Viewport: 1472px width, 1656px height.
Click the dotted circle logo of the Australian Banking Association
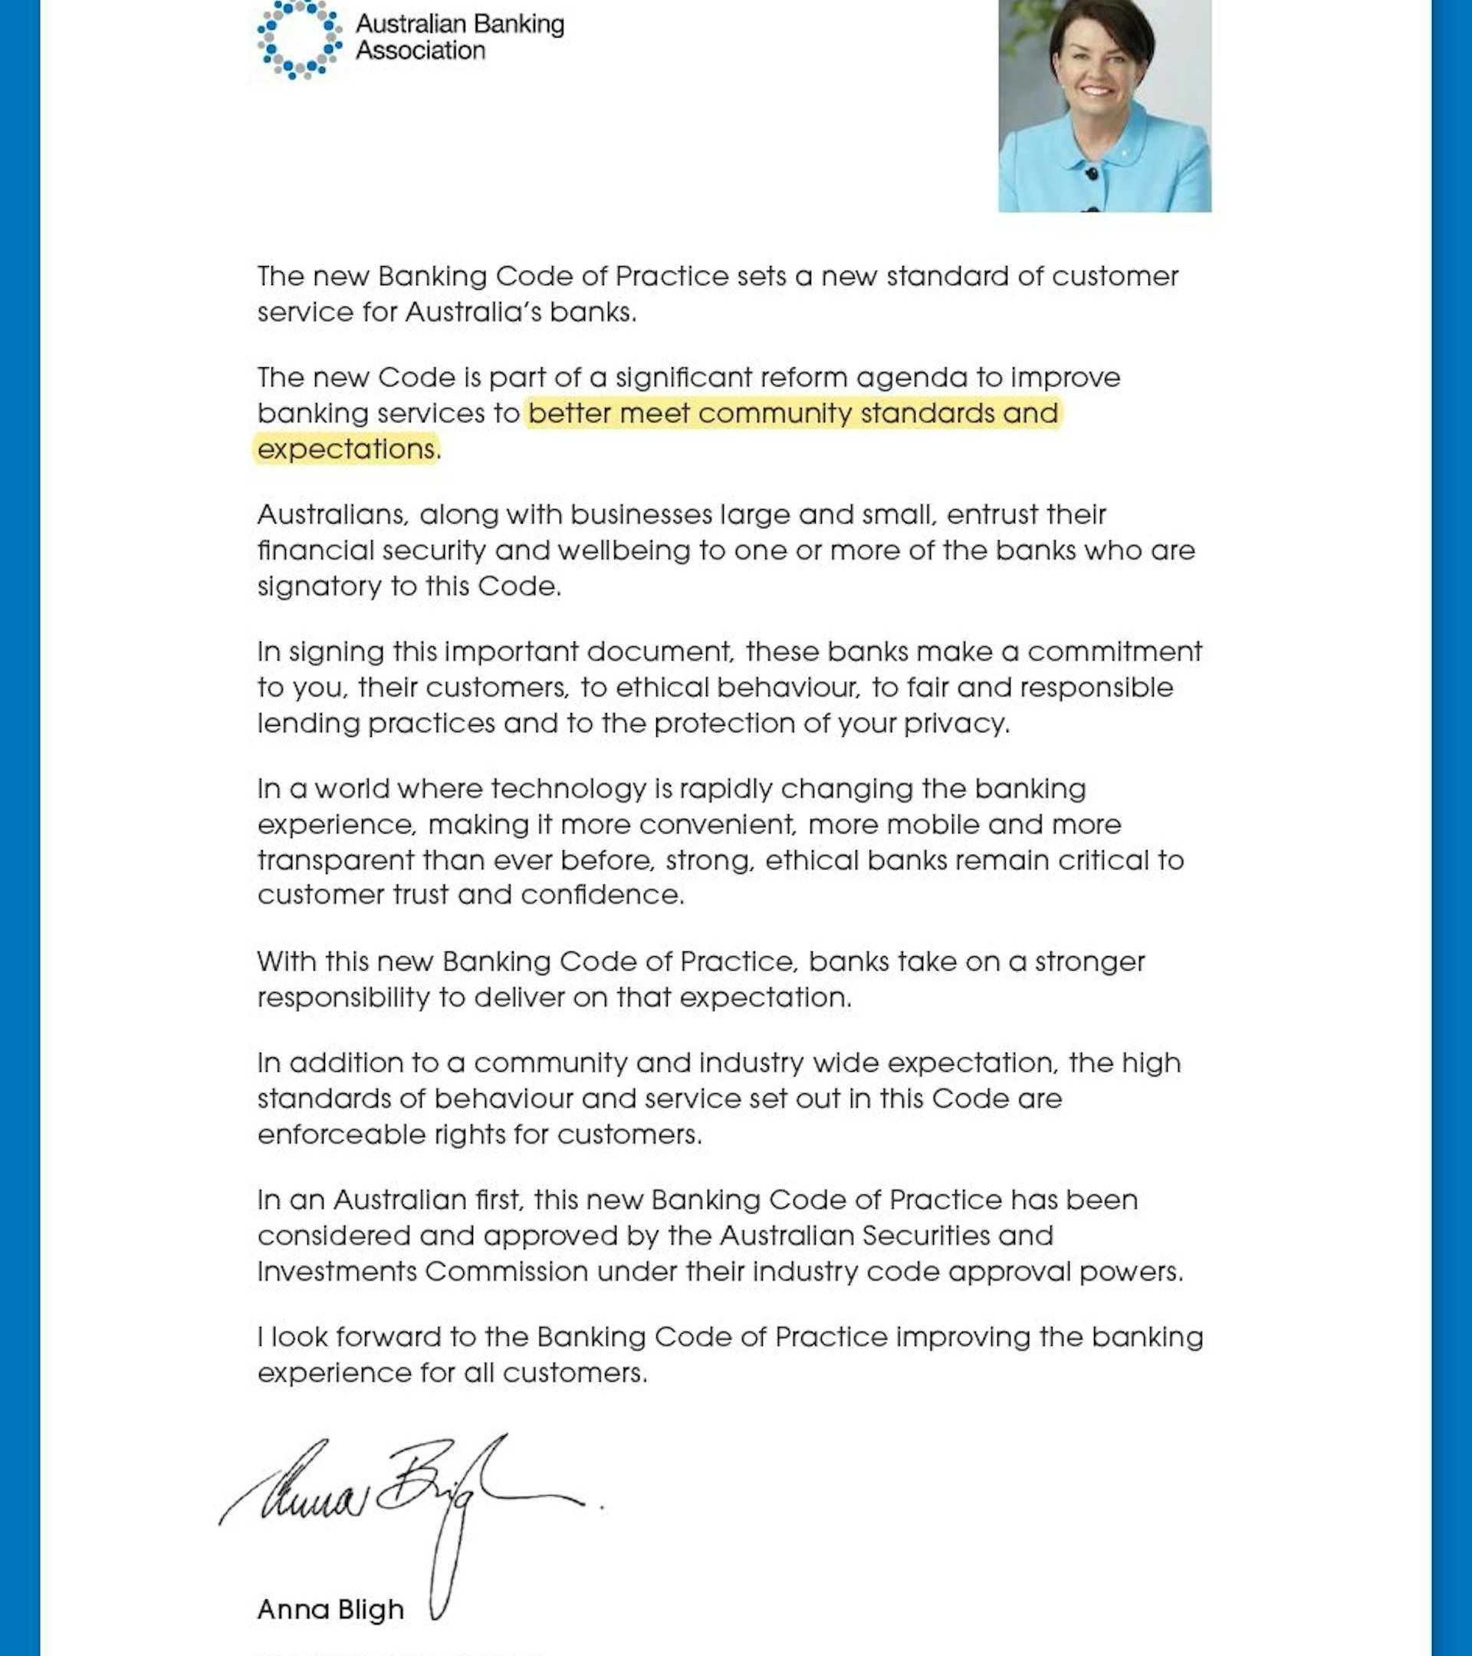299,38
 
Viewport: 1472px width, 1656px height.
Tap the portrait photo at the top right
1104,105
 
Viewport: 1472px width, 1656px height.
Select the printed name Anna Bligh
330,1609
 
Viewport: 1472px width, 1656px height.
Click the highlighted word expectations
347,449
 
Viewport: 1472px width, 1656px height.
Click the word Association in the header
420,51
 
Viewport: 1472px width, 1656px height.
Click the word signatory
319,586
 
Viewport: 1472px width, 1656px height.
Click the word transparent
335,859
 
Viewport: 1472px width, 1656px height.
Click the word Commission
506,1271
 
